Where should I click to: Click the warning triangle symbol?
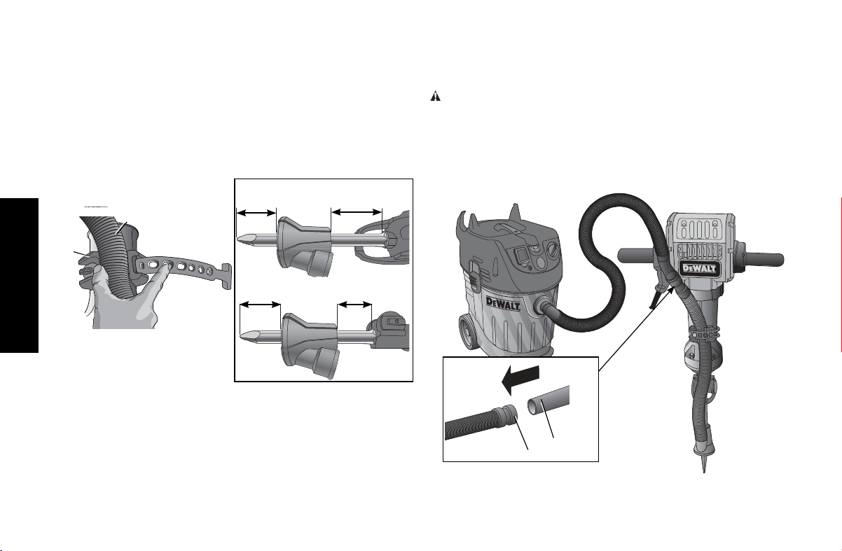point(435,96)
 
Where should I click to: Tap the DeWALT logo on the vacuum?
point(503,303)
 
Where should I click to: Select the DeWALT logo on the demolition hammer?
point(699,269)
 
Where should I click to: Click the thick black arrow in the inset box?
point(520,379)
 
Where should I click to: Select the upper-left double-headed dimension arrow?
point(256,213)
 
